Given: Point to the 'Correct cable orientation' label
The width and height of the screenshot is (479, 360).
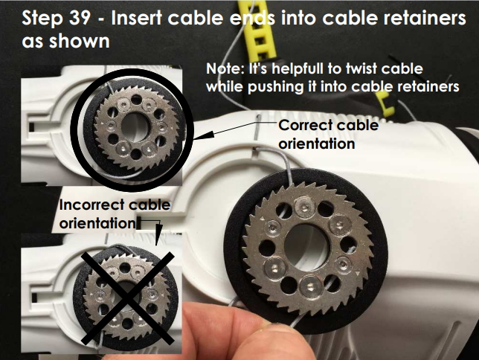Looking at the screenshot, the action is tap(329, 134).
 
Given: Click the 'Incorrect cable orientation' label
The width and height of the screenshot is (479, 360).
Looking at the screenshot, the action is tap(115, 213).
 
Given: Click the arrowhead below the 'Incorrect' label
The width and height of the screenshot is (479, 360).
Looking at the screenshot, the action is tap(158, 234).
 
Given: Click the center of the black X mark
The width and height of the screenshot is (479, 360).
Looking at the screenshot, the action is tap(128, 298).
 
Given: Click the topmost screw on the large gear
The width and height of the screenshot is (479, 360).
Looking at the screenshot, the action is tap(304, 207).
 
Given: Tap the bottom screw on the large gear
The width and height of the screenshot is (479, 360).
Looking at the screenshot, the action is tap(310, 286).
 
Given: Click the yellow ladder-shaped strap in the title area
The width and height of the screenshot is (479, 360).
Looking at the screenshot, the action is tap(259, 30).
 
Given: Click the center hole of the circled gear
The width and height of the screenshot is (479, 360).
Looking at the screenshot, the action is tap(135, 127).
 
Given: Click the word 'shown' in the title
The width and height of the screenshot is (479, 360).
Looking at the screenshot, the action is tap(79, 41).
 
